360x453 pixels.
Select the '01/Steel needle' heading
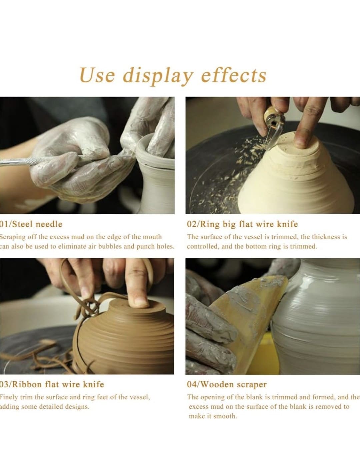click(x=31, y=224)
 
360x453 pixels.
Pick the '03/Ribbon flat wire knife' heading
click(x=52, y=385)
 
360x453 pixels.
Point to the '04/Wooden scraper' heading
click(x=227, y=385)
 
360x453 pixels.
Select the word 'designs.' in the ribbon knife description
click(x=77, y=407)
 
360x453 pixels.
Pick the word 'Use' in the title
click(x=97, y=75)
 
